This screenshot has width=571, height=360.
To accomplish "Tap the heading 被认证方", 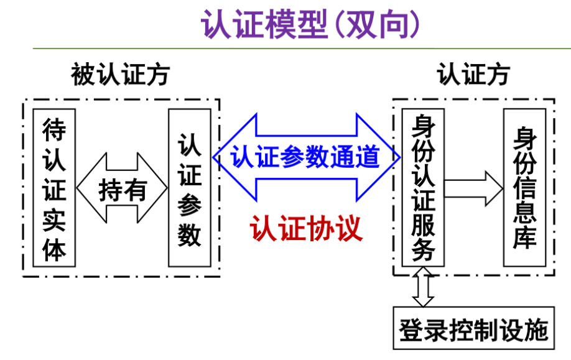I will tap(120, 75).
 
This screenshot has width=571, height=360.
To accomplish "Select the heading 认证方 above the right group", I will tap(473, 74).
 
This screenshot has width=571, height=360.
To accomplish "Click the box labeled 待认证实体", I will tap(54, 188).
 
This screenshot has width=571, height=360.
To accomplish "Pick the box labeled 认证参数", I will tap(190, 188).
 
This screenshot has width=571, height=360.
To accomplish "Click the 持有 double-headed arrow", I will tap(122, 188).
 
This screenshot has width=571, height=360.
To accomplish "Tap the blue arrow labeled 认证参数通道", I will tap(305, 157).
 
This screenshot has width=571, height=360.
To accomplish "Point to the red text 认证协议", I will tap(305, 229).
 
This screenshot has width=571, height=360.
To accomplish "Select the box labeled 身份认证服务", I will tap(423, 188).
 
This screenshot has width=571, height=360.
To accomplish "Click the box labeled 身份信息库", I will tap(524, 188).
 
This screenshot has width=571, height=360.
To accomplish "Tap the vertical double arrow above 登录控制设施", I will tap(423, 287).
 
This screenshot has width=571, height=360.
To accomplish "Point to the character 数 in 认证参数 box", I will tap(190, 235).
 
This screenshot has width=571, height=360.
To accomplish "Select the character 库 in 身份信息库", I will tap(524, 238).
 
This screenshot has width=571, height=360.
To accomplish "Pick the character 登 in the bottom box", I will tap(411, 328).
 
